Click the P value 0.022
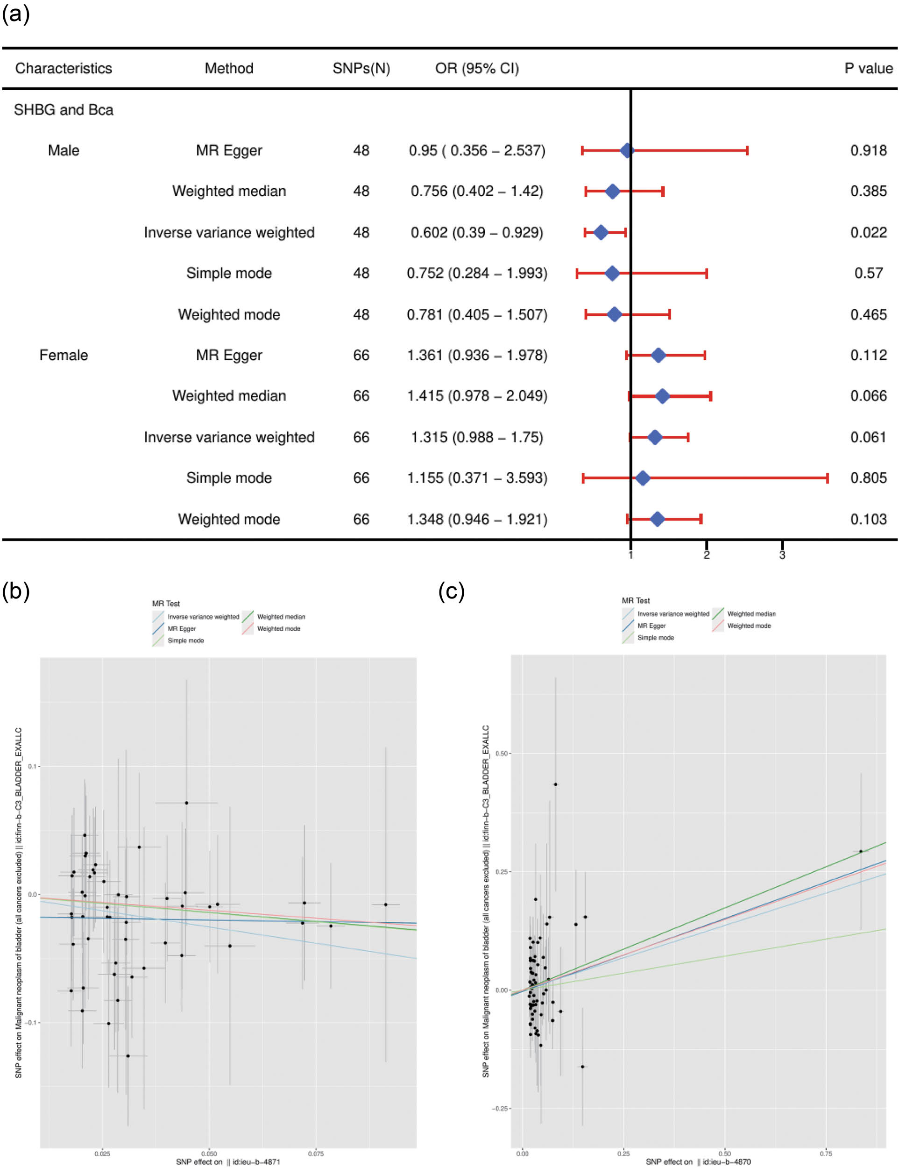pyautogui.click(x=868, y=232)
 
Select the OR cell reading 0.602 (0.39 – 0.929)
pyautogui.click(x=477, y=232)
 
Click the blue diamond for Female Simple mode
pyautogui.click(x=643, y=478)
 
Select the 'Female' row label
pyautogui.click(x=64, y=355)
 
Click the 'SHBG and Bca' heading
pyautogui.click(x=64, y=110)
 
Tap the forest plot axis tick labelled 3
pyautogui.click(x=782, y=555)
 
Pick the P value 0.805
pyautogui.click(x=868, y=477)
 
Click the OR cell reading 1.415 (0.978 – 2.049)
pyautogui.click(x=477, y=396)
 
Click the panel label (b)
pyautogui.click(x=15, y=591)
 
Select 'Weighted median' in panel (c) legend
pyautogui.click(x=751, y=614)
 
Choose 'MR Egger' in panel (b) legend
pyautogui.click(x=182, y=628)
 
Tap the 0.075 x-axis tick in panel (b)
pyautogui.click(x=315, y=1154)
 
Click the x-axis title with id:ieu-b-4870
pyautogui.click(x=698, y=1161)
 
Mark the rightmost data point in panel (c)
pyautogui.click(x=861, y=851)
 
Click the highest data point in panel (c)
pyautogui.click(x=555, y=784)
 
